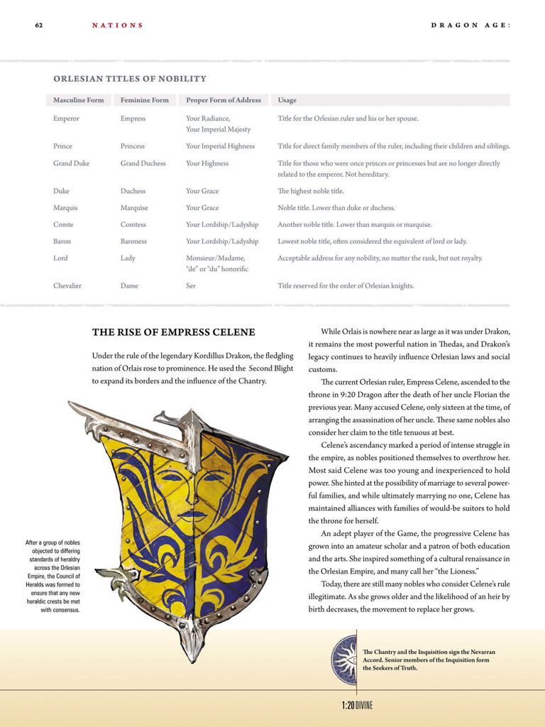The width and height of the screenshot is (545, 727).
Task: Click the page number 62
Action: [x=39, y=26]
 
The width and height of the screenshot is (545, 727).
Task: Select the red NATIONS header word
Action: [x=117, y=26]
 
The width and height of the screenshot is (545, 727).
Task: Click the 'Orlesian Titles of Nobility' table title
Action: [x=130, y=79]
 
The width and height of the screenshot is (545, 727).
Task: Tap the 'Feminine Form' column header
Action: [x=145, y=100]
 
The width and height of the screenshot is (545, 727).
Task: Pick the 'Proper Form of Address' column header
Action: [x=224, y=100]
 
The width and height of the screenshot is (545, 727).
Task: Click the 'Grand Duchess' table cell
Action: [x=143, y=163]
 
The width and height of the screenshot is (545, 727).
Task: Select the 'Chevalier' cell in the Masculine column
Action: [x=67, y=286]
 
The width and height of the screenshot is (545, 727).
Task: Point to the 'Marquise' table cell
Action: [x=134, y=208]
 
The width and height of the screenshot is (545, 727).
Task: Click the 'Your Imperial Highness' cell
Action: [x=220, y=146]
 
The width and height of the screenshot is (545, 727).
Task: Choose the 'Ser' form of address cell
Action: [x=191, y=286]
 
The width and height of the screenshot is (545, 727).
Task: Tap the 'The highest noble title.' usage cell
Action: [x=311, y=191]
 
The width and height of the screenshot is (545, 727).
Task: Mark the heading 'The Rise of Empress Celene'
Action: [x=173, y=332]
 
